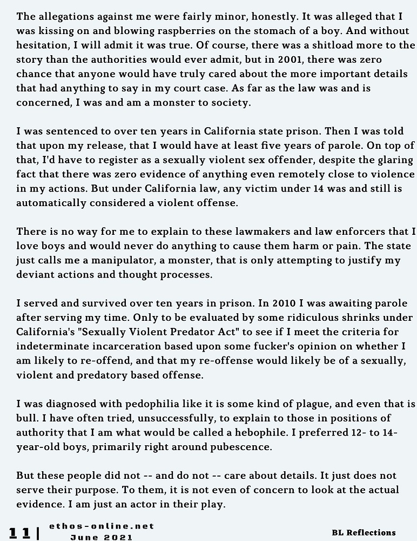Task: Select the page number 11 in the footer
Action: pyautogui.click(x=20, y=532)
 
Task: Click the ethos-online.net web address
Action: pyautogui.click(x=102, y=526)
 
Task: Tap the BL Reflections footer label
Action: pyautogui.click(x=364, y=532)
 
